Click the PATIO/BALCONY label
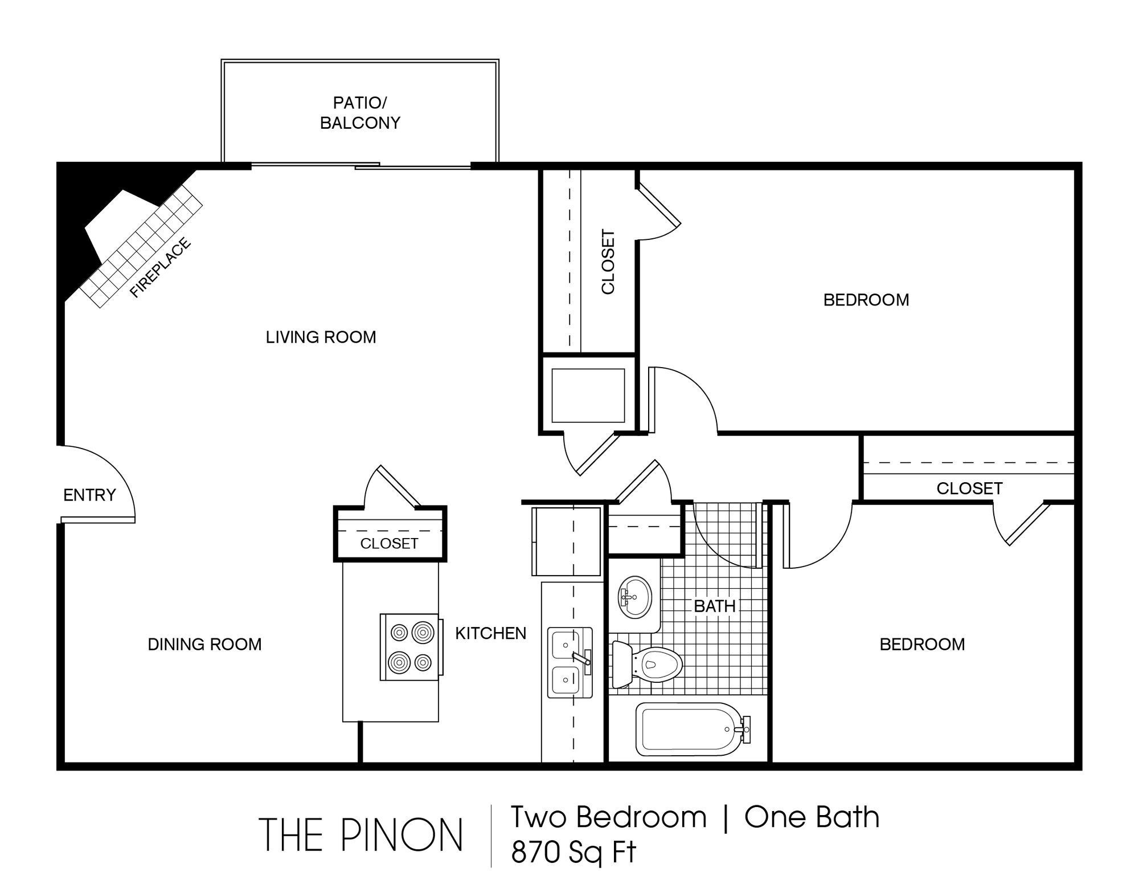coord(360,113)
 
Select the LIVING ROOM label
coord(321,337)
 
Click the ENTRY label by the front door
coord(89,495)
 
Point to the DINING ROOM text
coord(204,644)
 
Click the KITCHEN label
coord(490,633)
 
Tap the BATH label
coord(714,606)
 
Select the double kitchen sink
coord(570,662)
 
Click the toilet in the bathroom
coord(648,664)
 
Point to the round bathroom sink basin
coord(634,597)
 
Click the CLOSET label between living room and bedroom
coord(608,262)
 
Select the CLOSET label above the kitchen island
coord(389,543)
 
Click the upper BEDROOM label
coord(866,300)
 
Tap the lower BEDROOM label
coord(922,644)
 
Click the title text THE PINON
coord(361,834)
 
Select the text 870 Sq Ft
coord(573,853)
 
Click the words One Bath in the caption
coord(812,817)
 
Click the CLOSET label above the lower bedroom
coord(969,488)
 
